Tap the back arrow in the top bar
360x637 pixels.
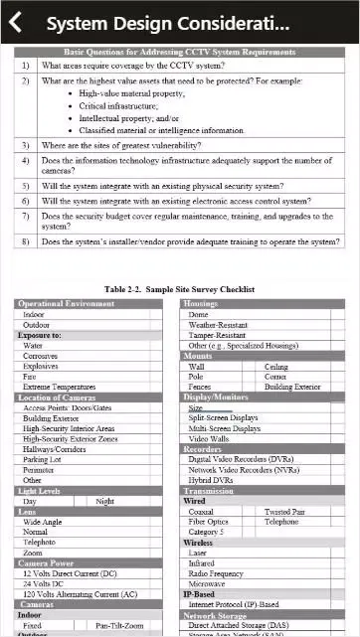pyautogui.click(x=16, y=23)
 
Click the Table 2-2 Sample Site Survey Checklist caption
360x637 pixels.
pyautogui.click(x=180, y=289)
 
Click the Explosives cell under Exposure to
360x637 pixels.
pyautogui.click(x=41, y=366)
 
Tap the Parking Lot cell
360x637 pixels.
pyautogui.click(x=42, y=459)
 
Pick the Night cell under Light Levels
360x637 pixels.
pyautogui.click(x=104, y=501)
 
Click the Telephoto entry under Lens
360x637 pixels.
pyautogui.click(x=41, y=542)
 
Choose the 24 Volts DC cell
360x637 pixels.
pyautogui.click(x=45, y=584)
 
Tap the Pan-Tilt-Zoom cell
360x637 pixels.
pyautogui.click(x=119, y=626)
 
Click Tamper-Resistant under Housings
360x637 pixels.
pyautogui.click(x=217, y=335)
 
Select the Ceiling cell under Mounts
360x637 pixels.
pyautogui.click(x=276, y=367)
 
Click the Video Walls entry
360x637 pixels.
pyautogui.click(x=209, y=438)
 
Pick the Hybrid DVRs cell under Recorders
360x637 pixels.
pyautogui.click(x=211, y=480)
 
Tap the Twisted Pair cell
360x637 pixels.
pyautogui.click(x=284, y=512)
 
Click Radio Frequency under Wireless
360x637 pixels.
pyautogui.click(x=216, y=573)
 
